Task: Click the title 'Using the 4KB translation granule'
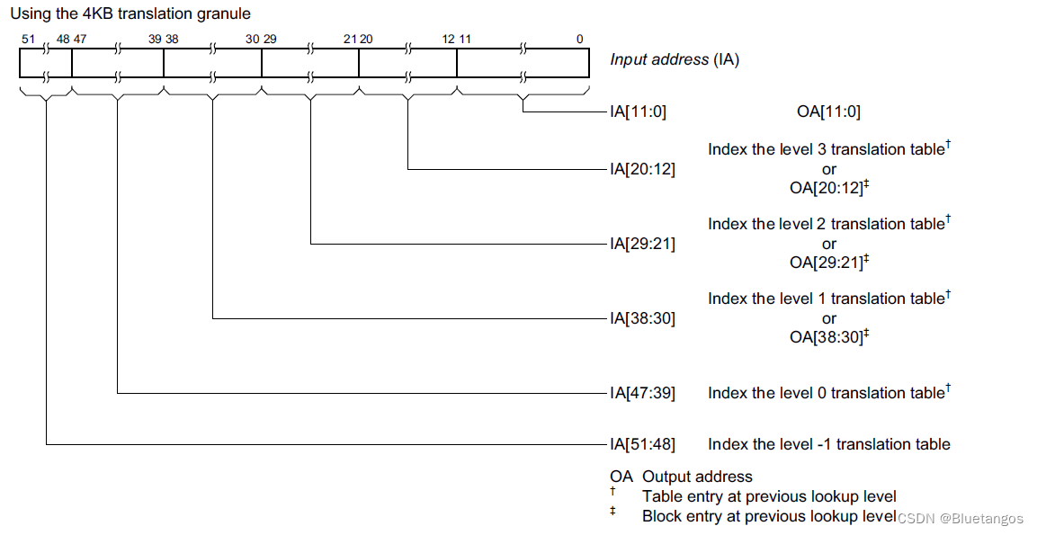130,14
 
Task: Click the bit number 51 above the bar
27,40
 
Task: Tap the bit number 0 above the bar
579,40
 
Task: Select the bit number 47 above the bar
80,40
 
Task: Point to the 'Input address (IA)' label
675,60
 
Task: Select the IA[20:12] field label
641,169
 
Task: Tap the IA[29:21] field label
641,244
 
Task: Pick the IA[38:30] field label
641,318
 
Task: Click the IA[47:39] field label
641,393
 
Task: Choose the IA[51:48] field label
641,444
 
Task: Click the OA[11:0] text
828,112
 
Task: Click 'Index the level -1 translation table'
828,444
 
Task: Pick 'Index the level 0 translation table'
827,393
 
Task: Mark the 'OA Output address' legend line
681,477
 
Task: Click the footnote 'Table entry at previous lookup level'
769,496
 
